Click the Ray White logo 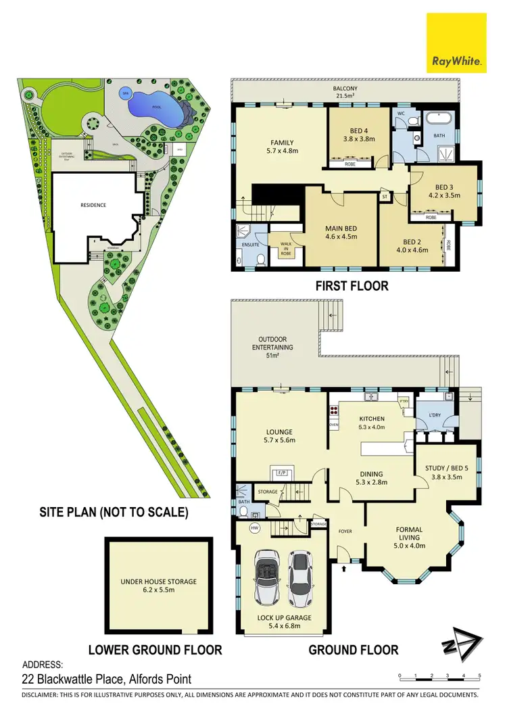point(457,43)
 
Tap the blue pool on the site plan point(154,105)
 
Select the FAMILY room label point(282,147)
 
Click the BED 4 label point(359,134)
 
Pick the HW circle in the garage point(254,527)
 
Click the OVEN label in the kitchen point(333,425)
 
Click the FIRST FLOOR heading point(352,286)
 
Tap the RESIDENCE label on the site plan point(93,205)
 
